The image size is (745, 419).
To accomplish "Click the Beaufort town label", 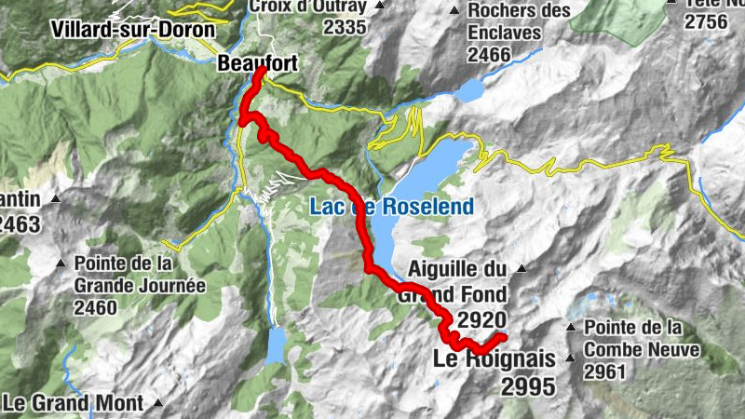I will click(251, 63).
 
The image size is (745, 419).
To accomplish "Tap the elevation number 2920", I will click(482, 320).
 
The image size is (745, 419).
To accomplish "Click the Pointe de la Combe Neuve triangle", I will click(571, 327).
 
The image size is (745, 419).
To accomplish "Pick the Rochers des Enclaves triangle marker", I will click(454, 11).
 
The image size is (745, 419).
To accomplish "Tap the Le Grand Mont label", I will click(74, 404).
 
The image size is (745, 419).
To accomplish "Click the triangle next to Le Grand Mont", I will click(159, 404).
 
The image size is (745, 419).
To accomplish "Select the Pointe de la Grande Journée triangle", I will click(63, 263).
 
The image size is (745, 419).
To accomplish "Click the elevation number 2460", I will click(97, 308).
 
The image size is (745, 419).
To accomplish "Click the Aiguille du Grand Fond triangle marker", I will click(521, 269).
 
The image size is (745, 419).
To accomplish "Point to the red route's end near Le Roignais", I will click(502, 336).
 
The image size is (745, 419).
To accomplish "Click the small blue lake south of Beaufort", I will click(277, 345).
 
